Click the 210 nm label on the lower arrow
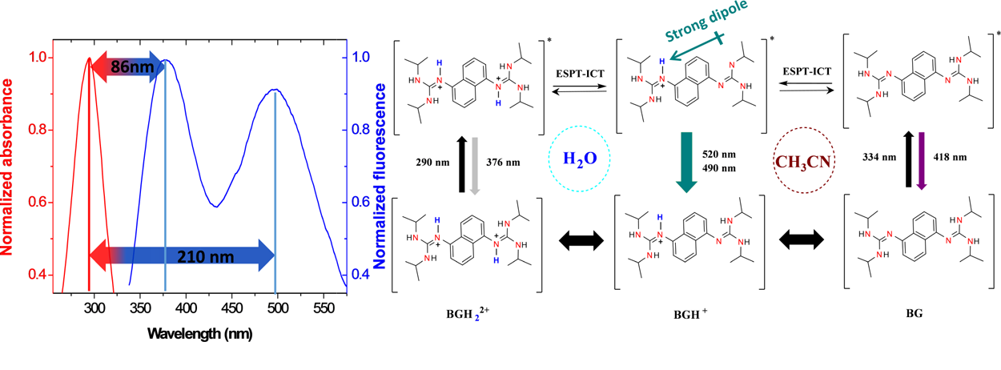(x=191, y=257)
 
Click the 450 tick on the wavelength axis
(x=232, y=308)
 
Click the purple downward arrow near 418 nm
(x=920, y=161)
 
